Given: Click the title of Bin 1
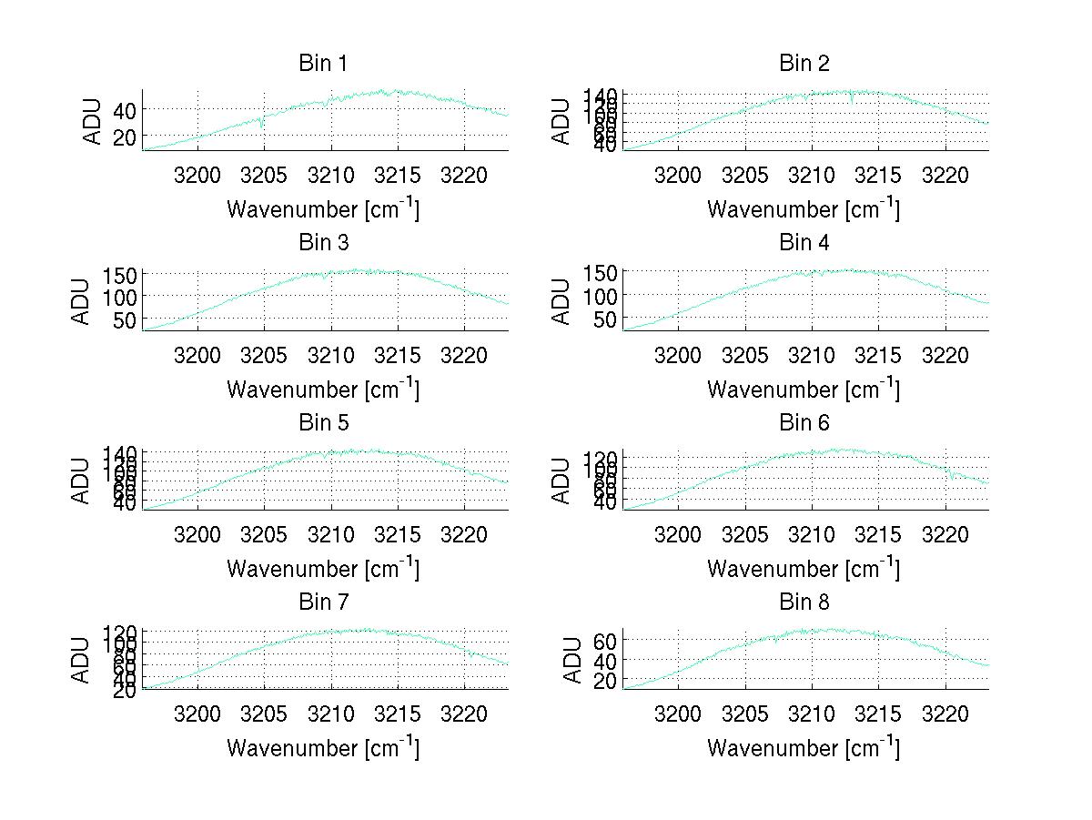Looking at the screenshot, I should pyautogui.click(x=323, y=64).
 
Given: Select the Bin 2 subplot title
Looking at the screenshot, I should pyautogui.click(x=804, y=64).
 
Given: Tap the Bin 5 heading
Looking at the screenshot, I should pyautogui.click(x=323, y=423).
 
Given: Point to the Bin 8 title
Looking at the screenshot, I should pyautogui.click(x=804, y=602).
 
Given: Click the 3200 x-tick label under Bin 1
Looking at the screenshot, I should pyautogui.click(x=197, y=176).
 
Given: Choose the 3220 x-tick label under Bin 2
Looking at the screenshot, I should pyautogui.click(x=945, y=176).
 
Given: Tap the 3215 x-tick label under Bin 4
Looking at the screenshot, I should pyautogui.click(x=878, y=355).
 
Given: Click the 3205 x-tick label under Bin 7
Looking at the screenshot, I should pyautogui.click(x=264, y=714).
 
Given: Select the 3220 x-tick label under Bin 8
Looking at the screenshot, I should pyautogui.click(x=945, y=714).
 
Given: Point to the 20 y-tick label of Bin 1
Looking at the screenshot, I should pyautogui.click(x=124, y=137).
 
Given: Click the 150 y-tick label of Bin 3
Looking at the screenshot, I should pyautogui.click(x=119, y=274).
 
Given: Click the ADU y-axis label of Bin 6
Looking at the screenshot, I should pyautogui.click(x=562, y=480).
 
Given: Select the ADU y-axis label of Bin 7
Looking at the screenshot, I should pyautogui.click(x=82, y=659).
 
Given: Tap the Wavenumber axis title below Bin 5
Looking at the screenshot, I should pyautogui.click(x=323, y=568).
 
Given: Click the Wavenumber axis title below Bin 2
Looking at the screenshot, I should pyautogui.click(x=804, y=208).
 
